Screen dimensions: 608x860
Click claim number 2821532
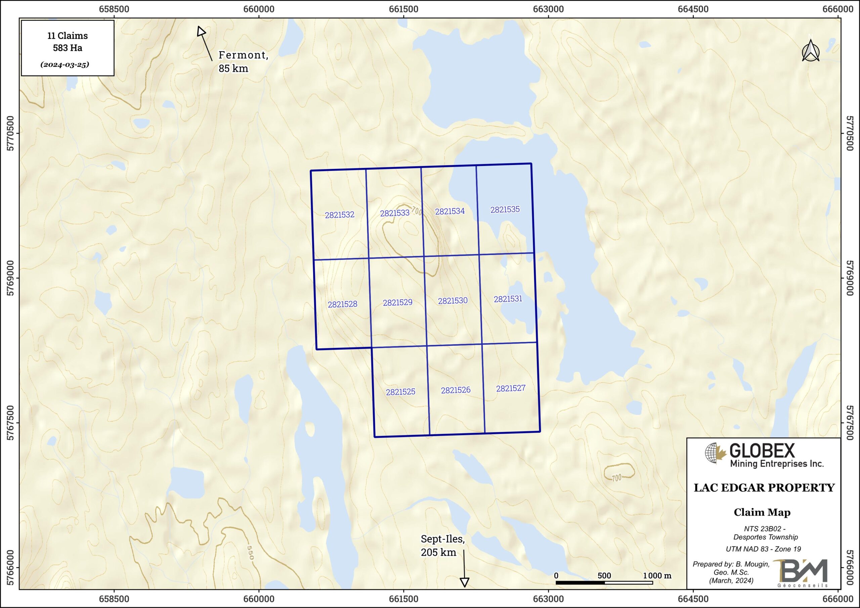[x=339, y=215]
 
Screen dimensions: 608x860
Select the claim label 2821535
[x=505, y=209]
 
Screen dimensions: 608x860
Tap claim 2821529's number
[x=397, y=302]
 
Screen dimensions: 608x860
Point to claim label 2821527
[x=511, y=388]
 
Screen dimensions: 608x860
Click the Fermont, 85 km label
[x=243, y=61]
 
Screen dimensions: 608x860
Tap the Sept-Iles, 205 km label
[x=442, y=546]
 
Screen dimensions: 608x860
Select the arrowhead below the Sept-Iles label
[x=465, y=582]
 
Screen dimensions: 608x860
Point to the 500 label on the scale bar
[x=604, y=575]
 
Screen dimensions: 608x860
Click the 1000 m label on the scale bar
[x=657, y=575]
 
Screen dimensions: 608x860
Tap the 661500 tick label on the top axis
[x=403, y=9]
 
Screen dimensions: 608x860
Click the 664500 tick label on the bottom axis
[x=693, y=599]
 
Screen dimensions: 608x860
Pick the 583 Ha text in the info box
[x=68, y=48]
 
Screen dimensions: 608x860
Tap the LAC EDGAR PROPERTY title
[x=764, y=488]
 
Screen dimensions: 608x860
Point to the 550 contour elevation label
[x=251, y=553]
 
